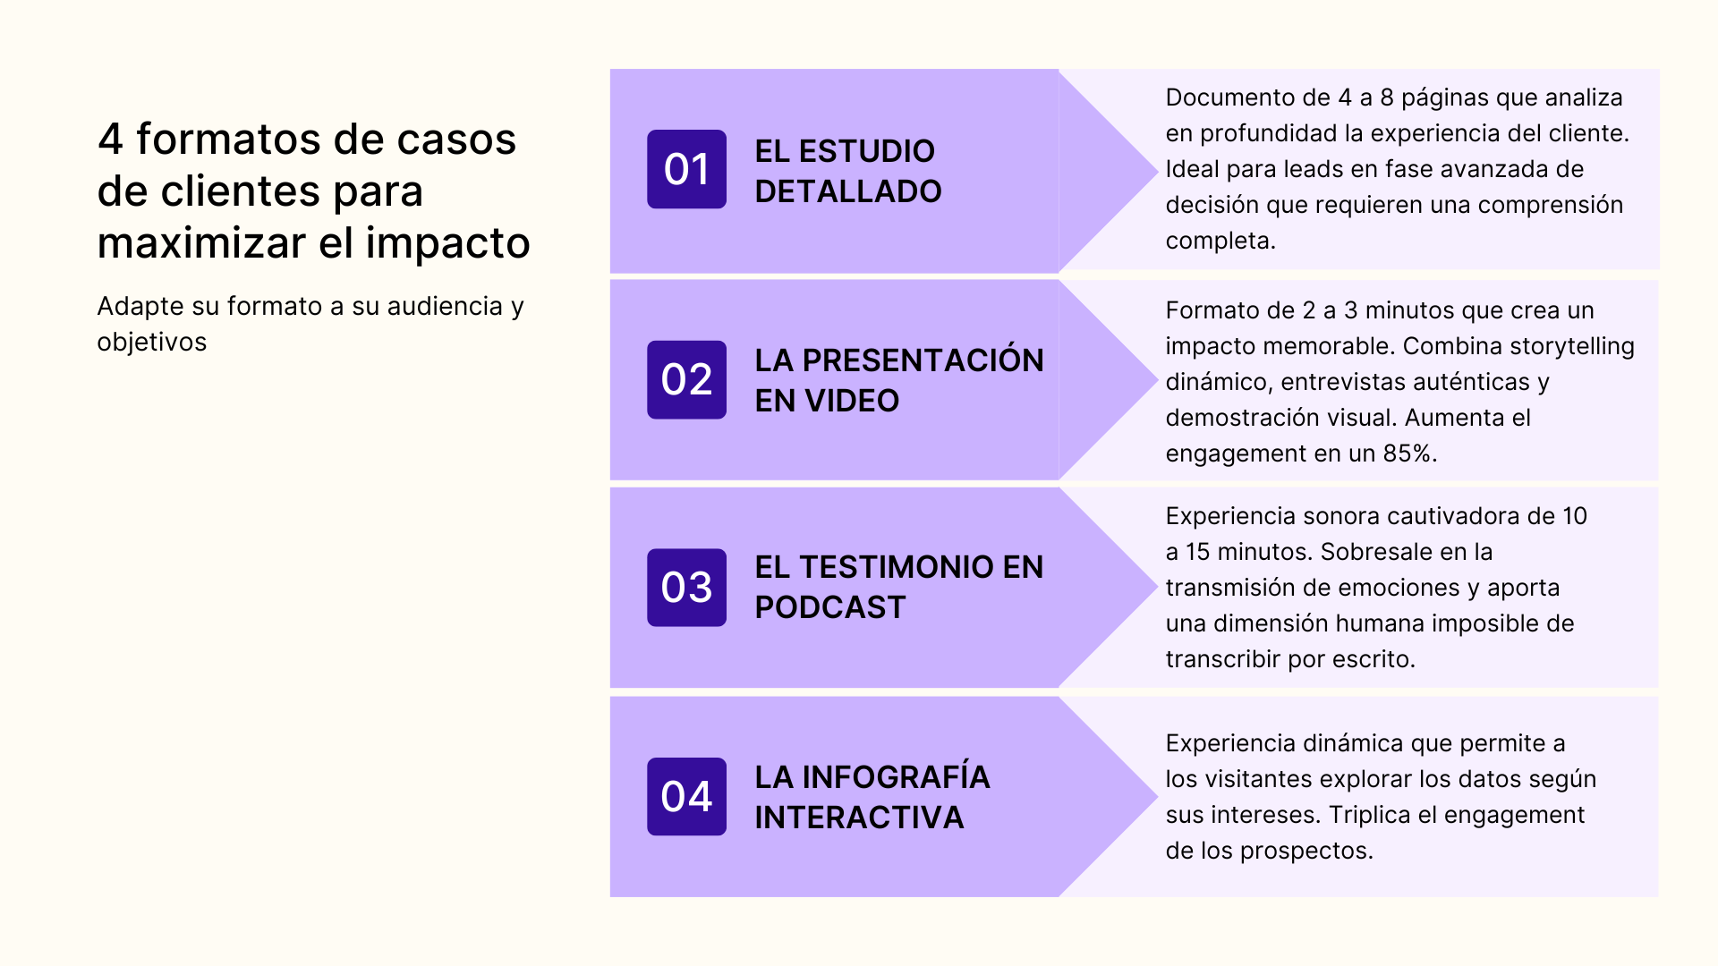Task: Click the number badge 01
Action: click(686, 169)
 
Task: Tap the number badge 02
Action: click(686, 379)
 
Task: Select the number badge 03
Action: click(686, 587)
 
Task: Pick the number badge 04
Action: click(686, 796)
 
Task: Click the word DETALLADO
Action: click(847, 191)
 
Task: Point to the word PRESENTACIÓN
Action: click(923, 360)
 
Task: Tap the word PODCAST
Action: click(829, 607)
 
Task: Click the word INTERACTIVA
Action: click(859, 818)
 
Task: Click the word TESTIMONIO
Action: click(897, 567)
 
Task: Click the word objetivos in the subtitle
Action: click(152, 343)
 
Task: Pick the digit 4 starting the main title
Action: click(110, 140)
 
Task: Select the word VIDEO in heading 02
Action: click(851, 401)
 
